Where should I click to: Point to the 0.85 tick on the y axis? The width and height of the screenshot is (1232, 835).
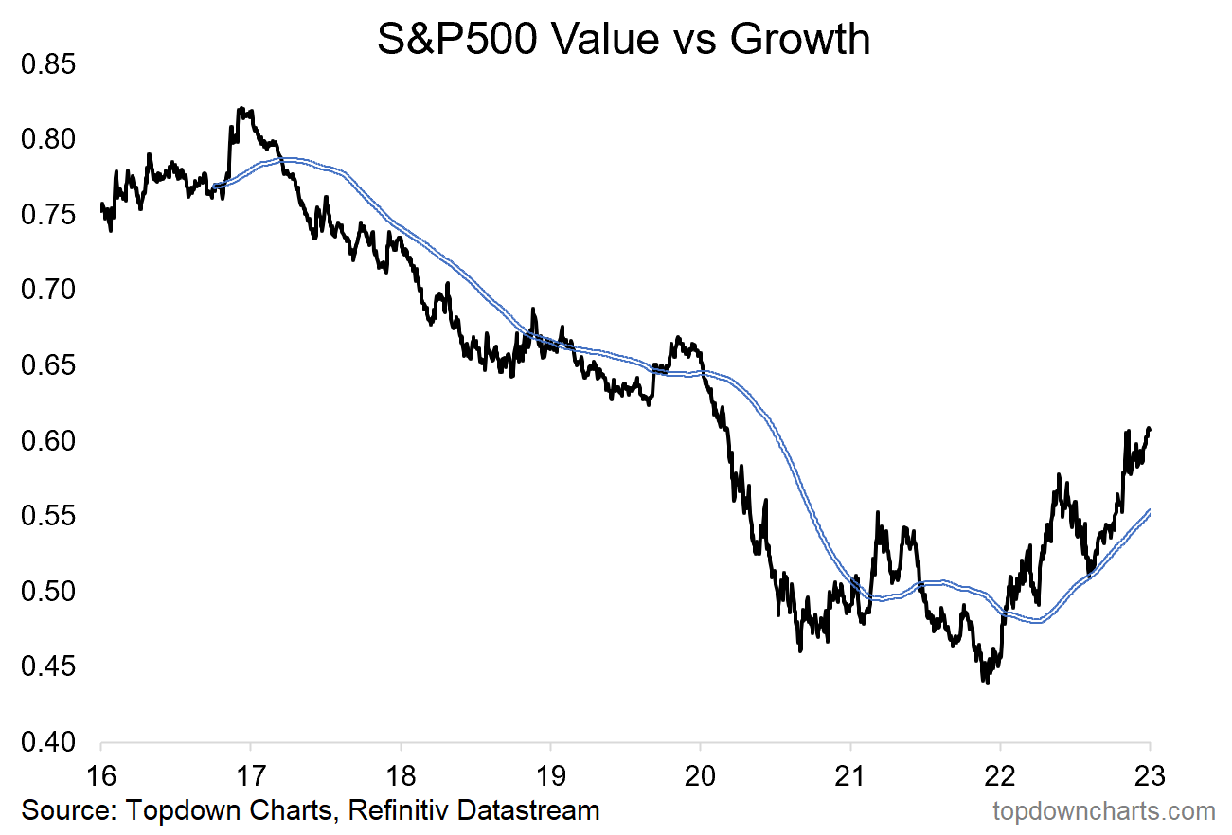click(x=46, y=65)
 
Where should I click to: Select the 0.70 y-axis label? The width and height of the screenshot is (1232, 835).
click(x=46, y=291)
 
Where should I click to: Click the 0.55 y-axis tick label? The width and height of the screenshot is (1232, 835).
click(x=46, y=517)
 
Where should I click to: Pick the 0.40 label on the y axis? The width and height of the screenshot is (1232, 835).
click(x=46, y=743)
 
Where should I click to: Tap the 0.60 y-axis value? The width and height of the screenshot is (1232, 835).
click(x=46, y=441)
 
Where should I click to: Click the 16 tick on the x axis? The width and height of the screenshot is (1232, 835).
click(x=100, y=773)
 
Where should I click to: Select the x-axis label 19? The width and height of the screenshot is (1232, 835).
click(x=550, y=773)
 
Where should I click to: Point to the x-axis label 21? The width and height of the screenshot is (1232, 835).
click(x=850, y=773)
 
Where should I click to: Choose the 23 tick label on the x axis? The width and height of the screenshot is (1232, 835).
click(x=1150, y=773)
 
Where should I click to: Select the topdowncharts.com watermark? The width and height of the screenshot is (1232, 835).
click(x=1103, y=810)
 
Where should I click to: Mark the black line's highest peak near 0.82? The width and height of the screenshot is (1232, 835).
click(x=242, y=109)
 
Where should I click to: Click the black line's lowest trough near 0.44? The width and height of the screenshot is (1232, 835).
click(x=987, y=682)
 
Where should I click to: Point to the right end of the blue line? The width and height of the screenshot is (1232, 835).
click(x=1150, y=511)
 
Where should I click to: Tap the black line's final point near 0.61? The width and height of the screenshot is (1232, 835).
click(x=1149, y=429)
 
